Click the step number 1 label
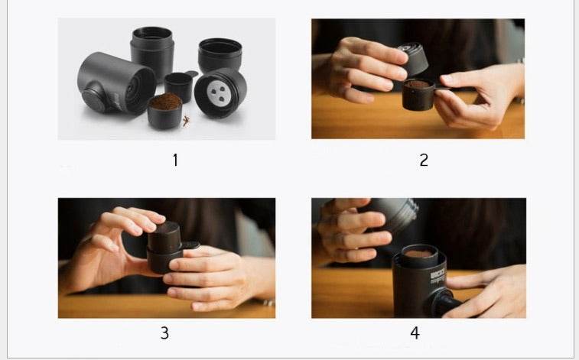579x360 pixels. tap(175, 160)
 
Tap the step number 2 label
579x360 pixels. tap(424, 160)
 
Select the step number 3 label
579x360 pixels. tap(164, 333)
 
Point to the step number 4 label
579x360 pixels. tap(415, 333)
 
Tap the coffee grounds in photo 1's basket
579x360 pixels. tap(164, 102)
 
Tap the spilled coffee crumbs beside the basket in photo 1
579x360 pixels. tap(186, 119)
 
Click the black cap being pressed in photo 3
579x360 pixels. tap(163, 232)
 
